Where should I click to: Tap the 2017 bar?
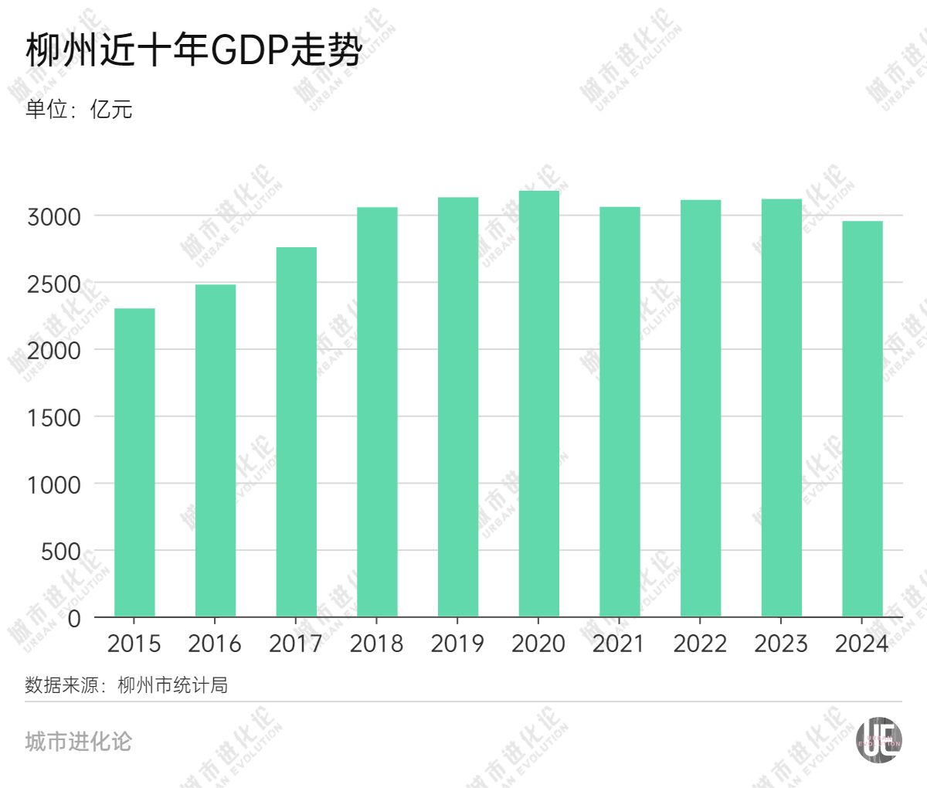296,432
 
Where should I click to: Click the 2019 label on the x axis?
457,644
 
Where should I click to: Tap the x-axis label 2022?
700,644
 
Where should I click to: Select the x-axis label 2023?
781,644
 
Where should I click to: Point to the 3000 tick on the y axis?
54,217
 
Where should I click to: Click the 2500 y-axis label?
54,284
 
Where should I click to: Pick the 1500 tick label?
54,418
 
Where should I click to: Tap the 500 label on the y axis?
62,552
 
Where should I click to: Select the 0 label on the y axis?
74,618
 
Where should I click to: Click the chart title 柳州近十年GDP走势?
193,52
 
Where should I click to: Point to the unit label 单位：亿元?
79,109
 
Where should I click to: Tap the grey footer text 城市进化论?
79,742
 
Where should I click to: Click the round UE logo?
878,740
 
